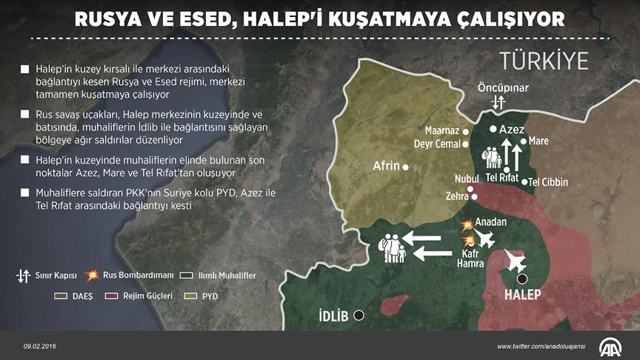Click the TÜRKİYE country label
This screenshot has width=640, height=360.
[x=543, y=61]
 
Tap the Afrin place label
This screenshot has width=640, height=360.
[x=387, y=166]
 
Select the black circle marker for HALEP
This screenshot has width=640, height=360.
[x=522, y=279]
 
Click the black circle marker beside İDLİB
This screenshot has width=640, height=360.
[x=359, y=315]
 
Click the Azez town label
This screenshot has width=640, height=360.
[x=512, y=129]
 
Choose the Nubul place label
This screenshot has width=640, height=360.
[x=468, y=179]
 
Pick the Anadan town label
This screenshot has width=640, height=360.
[x=492, y=221]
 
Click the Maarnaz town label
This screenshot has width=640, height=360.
[x=441, y=130]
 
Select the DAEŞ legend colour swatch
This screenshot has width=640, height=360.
[x=63, y=296]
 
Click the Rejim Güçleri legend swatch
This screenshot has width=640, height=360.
[x=112, y=296]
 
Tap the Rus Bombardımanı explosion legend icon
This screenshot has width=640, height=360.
[x=92, y=276]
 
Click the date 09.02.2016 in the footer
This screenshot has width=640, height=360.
[x=39, y=346]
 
